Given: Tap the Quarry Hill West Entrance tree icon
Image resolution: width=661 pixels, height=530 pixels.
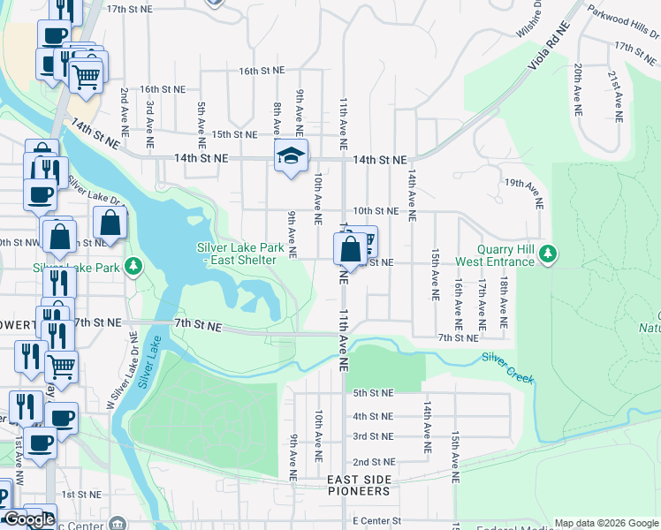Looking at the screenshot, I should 550,255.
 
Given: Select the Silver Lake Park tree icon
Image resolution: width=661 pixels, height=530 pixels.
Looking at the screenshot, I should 133,266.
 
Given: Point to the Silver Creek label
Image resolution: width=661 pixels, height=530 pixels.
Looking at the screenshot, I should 508,368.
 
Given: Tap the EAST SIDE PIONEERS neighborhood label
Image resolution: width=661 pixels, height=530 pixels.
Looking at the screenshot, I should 358,485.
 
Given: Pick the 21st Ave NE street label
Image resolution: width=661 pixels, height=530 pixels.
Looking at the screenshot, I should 613,91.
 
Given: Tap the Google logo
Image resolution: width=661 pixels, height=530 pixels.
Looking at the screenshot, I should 29,519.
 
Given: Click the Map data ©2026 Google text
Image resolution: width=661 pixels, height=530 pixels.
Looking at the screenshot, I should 606,523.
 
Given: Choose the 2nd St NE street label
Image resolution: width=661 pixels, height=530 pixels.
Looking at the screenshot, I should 372,462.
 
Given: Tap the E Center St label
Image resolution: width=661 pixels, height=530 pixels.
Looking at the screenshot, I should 376,522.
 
